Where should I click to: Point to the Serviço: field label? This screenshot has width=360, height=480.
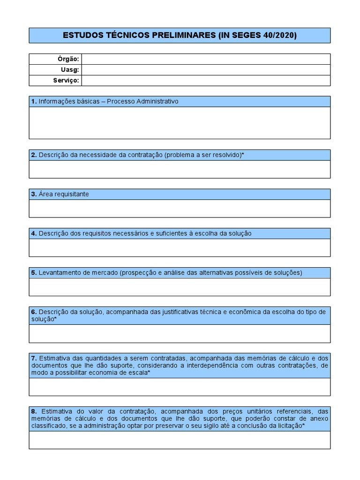(x=66, y=81)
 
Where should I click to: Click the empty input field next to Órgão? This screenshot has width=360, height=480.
(x=206, y=59)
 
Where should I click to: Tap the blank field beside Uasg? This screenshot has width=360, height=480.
(x=206, y=70)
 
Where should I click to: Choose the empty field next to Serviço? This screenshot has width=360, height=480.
(x=206, y=81)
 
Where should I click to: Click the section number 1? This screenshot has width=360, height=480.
(x=34, y=101)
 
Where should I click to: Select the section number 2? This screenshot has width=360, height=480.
(x=34, y=155)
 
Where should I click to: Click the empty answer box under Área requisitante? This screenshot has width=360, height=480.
(x=180, y=209)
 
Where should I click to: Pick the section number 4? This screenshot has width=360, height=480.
(x=34, y=233)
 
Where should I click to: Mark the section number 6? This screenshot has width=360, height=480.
(x=34, y=312)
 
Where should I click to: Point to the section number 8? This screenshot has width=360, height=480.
(x=34, y=411)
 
